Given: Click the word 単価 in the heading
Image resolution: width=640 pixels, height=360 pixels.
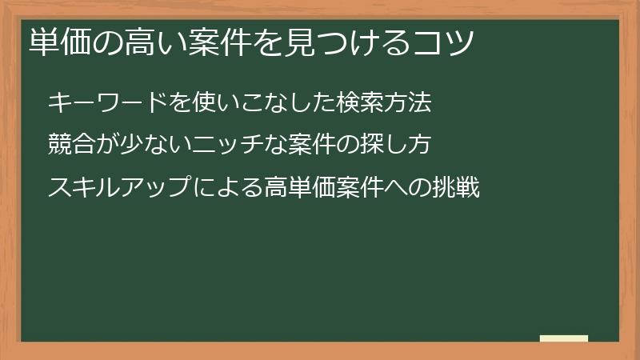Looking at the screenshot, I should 58,42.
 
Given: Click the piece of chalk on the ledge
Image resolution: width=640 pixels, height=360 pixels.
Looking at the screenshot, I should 564,339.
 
